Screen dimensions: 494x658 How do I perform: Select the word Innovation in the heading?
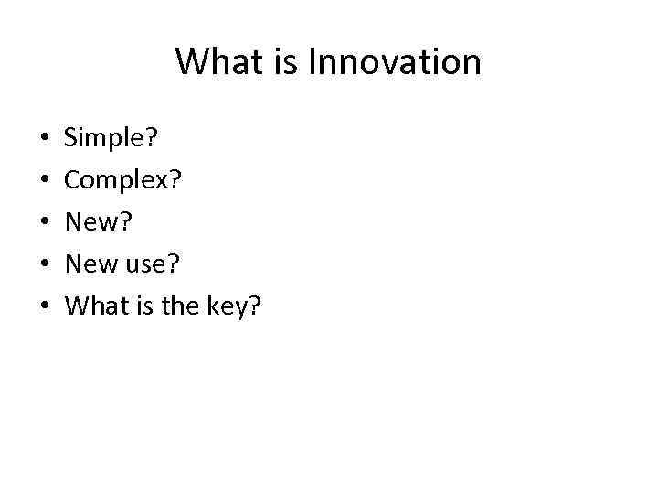pos(394,62)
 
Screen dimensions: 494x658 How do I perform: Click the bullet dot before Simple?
pos(45,141)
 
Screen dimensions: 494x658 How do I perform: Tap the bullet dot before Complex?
pos(45,182)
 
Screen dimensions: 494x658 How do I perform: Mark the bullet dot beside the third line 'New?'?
pos(45,223)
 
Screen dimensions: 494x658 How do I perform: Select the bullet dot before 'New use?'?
pos(45,264)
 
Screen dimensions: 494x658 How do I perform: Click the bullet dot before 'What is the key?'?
pos(45,306)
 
